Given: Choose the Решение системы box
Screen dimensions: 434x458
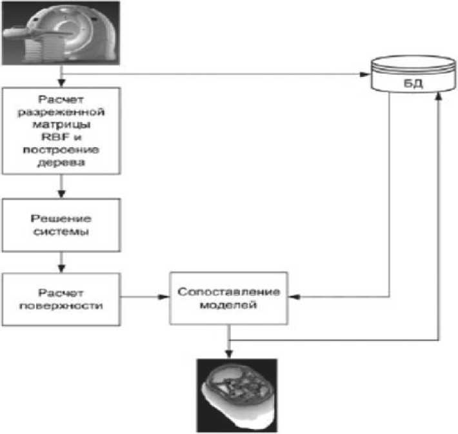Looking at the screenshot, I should click(61, 226).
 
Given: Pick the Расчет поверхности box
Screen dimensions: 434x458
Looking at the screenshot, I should click(61, 298).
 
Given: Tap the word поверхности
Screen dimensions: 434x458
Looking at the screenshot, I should click(61, 305).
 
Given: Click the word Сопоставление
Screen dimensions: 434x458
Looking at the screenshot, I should click(230, 291).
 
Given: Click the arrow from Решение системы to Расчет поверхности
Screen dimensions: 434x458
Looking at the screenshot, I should click(61, 261).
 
